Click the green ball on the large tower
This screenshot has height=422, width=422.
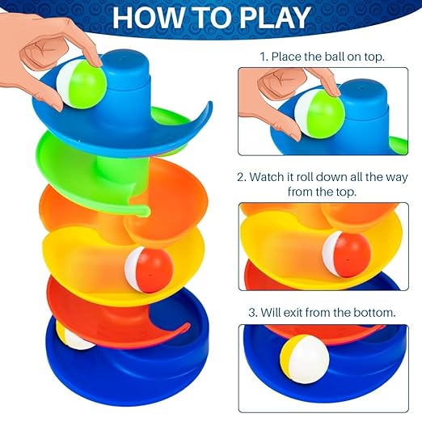[82, 84]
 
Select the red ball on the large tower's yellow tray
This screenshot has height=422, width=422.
[149, 270]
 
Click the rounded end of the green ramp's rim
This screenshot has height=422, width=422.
[145, 211]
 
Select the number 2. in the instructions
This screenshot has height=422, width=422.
[242, 177]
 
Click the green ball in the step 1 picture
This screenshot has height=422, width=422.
[320, 114]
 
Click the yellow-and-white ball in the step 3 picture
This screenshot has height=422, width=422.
[305, 360]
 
